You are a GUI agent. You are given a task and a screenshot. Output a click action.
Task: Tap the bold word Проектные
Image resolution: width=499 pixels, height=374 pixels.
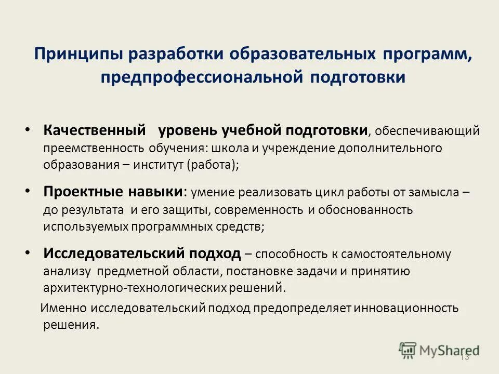[x=80, y=191]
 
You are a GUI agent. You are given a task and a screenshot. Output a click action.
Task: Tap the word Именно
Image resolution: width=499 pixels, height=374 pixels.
[x=64, y=308]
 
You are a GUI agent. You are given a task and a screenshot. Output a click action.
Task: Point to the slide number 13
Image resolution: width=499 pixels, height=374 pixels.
[x=465, y=357]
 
